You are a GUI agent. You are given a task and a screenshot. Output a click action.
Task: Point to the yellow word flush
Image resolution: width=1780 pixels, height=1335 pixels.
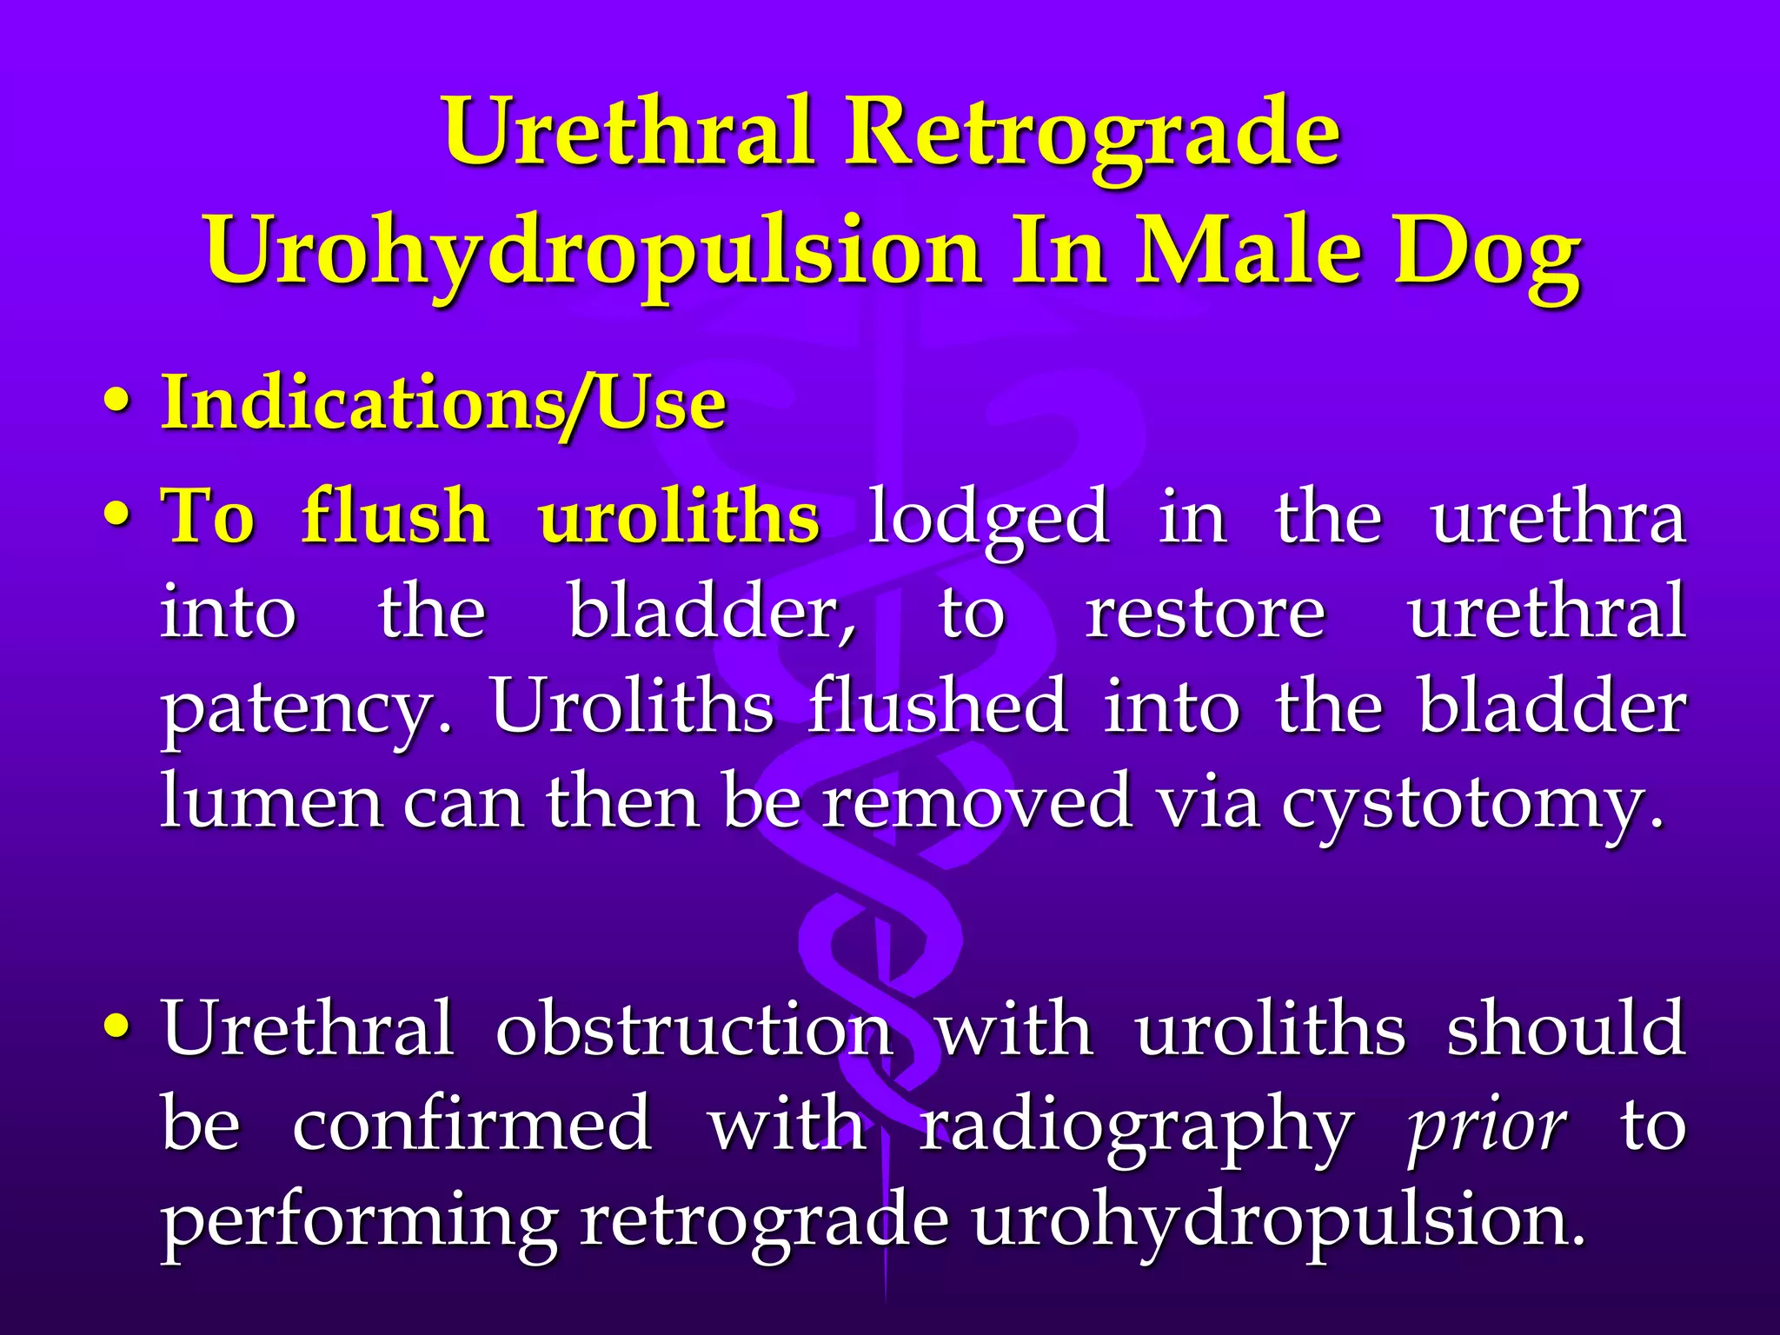[x=395, y=516]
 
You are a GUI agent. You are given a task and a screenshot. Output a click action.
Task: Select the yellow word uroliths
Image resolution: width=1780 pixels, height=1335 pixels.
[x=679, y=516]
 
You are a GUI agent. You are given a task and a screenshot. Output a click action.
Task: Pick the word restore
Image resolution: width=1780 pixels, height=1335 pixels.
[x=1205, y=613]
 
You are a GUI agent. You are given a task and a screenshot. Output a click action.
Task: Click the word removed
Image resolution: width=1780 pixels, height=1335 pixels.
[x=978, y=800]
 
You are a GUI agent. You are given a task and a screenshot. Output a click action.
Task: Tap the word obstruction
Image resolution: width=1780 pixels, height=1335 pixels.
[x=694, y=1030]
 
